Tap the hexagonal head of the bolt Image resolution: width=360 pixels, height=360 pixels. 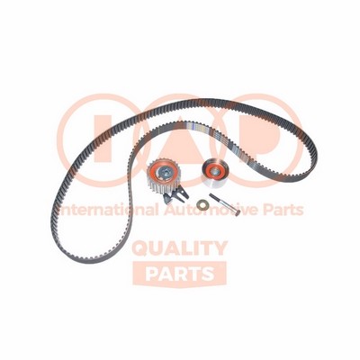click(x=238, y=212)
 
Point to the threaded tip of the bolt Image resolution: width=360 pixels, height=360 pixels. click(x=212, y=195)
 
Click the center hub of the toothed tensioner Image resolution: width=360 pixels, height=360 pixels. click(x=164, y=172)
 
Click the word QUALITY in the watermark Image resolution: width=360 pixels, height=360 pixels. click(x=180, y=248)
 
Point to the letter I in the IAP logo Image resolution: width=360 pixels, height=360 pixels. click(x=102, y=140)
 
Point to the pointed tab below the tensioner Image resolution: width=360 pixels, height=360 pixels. click(x=166, y=200)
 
